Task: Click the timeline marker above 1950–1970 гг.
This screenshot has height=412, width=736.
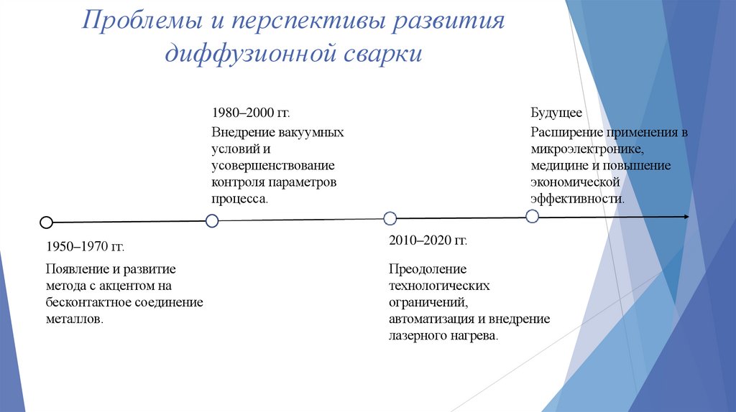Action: tap(46, 223)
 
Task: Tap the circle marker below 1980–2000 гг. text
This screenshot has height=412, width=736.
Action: tap(212, 221)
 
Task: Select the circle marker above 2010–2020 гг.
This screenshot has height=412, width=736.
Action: tap(390, 218)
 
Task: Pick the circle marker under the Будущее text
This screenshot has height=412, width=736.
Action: tap(532, 216)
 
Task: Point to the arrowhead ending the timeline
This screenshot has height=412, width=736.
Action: tap(686, 217)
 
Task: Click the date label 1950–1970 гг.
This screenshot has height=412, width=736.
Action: tap(85, 247)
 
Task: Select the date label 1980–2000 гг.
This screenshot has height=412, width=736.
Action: tap(251, 113)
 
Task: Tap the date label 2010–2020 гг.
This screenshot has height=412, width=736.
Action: tap(428, 240)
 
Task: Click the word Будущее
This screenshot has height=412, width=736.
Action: tap(556, 113)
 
